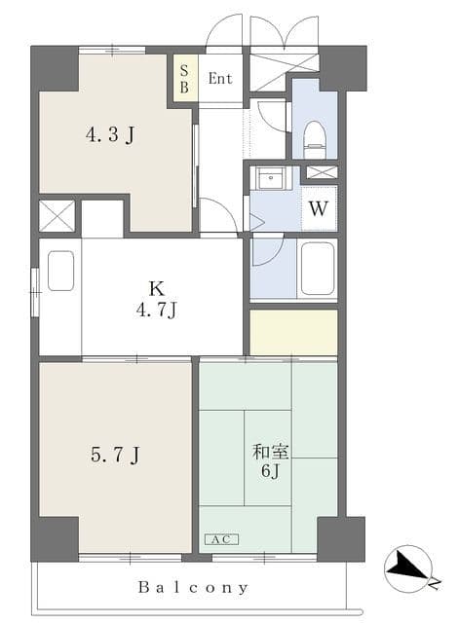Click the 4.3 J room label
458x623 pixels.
pyautogui.click(x=110, y=135)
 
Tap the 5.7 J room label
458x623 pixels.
pyautogui.click(x=115, y=455)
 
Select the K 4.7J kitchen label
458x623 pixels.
pyautogui.click(x=156, y=299)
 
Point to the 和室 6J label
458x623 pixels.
pyautogui.click(x=270, y=460)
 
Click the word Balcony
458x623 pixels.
pyautogui.click(x=193, y=587)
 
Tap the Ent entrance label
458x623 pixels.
pyautogui.click(x=220, y=78)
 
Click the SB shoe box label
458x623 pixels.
pyautogui.click(x=184, y=79)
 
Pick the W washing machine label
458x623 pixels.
pyautogui.click(x=319, y=208)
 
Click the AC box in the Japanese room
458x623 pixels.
pyautogui.click(x=221, y=539)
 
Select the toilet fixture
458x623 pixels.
pyautogui.click(x=314, y=139)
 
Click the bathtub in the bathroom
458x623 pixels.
pyautogui.click(x=317, y=268)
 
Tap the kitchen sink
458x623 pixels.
pyautogui.click(x=60, y=271)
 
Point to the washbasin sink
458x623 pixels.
pyautogui.click(x=270, y=178)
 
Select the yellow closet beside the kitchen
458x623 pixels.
pyautogui.click(x=293, y=332)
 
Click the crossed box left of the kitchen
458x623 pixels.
pyautogui.click(x=57, y=216)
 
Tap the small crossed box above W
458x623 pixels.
pyautogui.click(x=322, y=172)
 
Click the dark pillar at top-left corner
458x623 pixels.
pyautogui.click(x=55, y=69)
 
